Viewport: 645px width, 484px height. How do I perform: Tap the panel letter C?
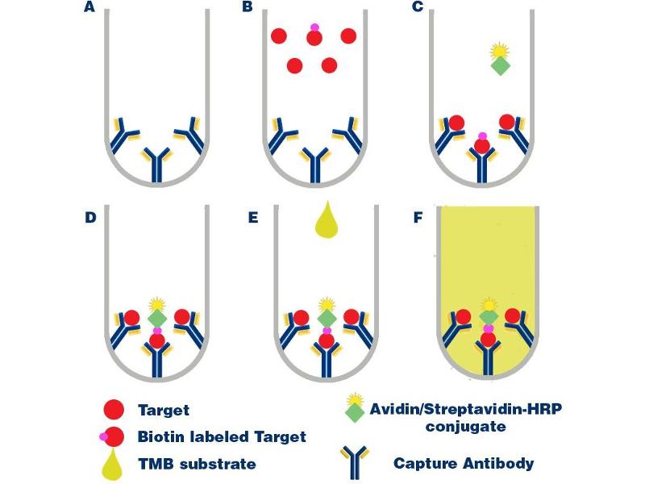tap(418, 9)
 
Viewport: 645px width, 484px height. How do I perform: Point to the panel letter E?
tap(253, 217)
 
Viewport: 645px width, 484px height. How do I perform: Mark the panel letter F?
tap(418, 217)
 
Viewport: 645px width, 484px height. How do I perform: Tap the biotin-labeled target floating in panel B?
tap(314, 36)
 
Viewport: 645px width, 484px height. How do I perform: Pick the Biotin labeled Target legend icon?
tap(113, 437)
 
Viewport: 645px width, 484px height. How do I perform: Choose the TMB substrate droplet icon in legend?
tap(114, 463)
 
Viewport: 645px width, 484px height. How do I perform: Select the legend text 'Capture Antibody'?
tap(464, 463)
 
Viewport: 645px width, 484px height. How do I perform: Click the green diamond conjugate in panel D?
tap(157, 319)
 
